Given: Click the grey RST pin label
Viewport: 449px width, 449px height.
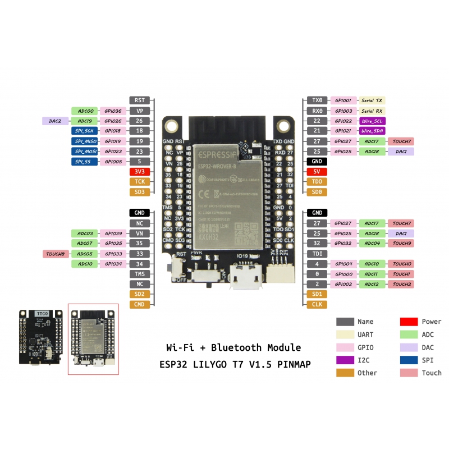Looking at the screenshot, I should (140, 100).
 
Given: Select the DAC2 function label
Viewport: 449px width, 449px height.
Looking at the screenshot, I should (56, 121).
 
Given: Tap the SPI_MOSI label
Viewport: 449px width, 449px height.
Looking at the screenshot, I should (85, 152).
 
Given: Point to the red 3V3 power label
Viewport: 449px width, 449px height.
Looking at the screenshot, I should (140, 172).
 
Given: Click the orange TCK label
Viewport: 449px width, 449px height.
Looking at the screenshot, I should (140, 182).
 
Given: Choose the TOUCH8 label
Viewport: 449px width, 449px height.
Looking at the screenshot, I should (56, 254).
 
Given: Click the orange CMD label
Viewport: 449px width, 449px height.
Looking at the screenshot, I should (140, 304).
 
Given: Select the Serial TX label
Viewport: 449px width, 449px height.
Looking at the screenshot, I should (371, 100).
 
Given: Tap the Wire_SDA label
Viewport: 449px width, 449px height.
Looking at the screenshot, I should (371, 131).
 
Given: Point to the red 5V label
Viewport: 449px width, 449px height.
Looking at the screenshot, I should (317, 172).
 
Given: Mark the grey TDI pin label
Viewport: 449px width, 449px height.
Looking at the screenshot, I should (317, 254).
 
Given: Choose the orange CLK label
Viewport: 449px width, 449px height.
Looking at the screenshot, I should (317, 304).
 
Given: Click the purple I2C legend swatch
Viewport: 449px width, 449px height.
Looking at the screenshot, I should (345, 360).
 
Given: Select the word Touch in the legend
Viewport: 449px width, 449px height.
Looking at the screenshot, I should (432, 373).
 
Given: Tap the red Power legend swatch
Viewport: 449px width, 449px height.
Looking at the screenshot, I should (409, 322).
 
